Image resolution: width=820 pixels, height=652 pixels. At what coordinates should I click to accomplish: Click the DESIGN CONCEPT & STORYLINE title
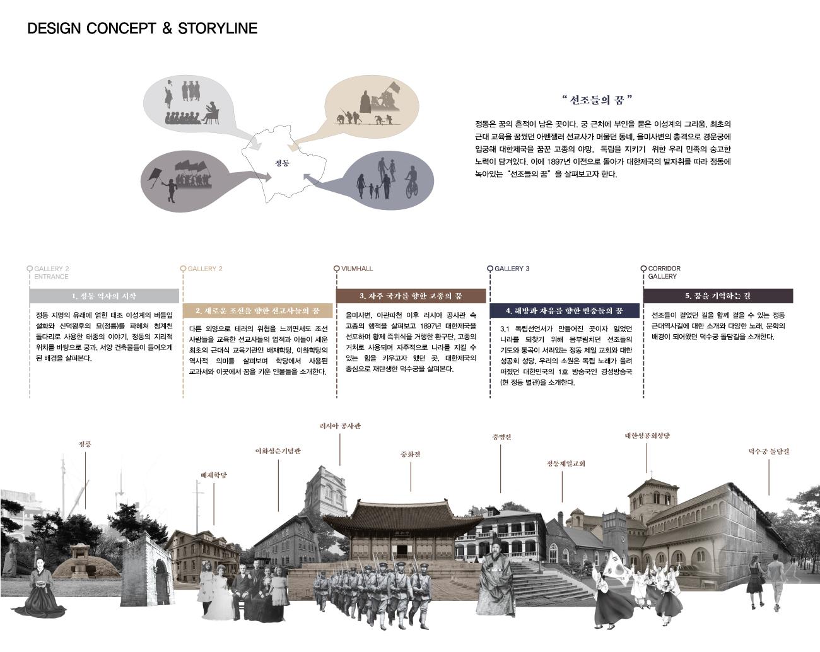click(x=143, y=28)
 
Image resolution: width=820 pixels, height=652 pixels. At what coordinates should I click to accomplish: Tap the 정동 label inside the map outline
click(x=281, y=163)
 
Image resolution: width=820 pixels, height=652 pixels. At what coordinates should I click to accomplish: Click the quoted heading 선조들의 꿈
click(x=596, y=100)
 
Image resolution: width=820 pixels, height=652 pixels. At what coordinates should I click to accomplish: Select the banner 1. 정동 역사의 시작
click(x=104, y=296)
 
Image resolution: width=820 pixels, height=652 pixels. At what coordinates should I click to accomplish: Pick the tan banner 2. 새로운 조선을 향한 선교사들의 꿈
click(x=257, y=311)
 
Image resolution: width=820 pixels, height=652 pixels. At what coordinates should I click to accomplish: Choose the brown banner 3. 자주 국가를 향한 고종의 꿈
click(x=411, y=296)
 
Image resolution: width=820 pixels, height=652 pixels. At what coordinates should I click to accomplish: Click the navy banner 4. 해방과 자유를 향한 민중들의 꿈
click(x=564, y=311)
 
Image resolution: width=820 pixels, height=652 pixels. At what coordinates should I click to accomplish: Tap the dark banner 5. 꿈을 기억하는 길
click(x=718, y=296)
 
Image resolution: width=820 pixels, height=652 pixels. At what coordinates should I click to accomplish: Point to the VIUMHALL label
click(x=357, y=269)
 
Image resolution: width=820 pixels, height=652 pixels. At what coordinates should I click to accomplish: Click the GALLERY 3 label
click(x=512, y=269)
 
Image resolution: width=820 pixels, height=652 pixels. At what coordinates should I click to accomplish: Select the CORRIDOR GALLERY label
click(x=664, y=272)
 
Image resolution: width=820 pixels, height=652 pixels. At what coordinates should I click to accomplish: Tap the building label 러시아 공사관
click(x=340, y=426)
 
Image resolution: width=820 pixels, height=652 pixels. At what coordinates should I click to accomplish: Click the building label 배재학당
click(x=214, y=475)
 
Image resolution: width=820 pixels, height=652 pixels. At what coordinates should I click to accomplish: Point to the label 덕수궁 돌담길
click(x=768, y=451)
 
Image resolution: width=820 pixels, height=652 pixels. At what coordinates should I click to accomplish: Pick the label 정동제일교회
click(x=566, y=463)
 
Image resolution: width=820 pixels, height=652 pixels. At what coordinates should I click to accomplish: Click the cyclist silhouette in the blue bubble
click(x=411, y=180)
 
